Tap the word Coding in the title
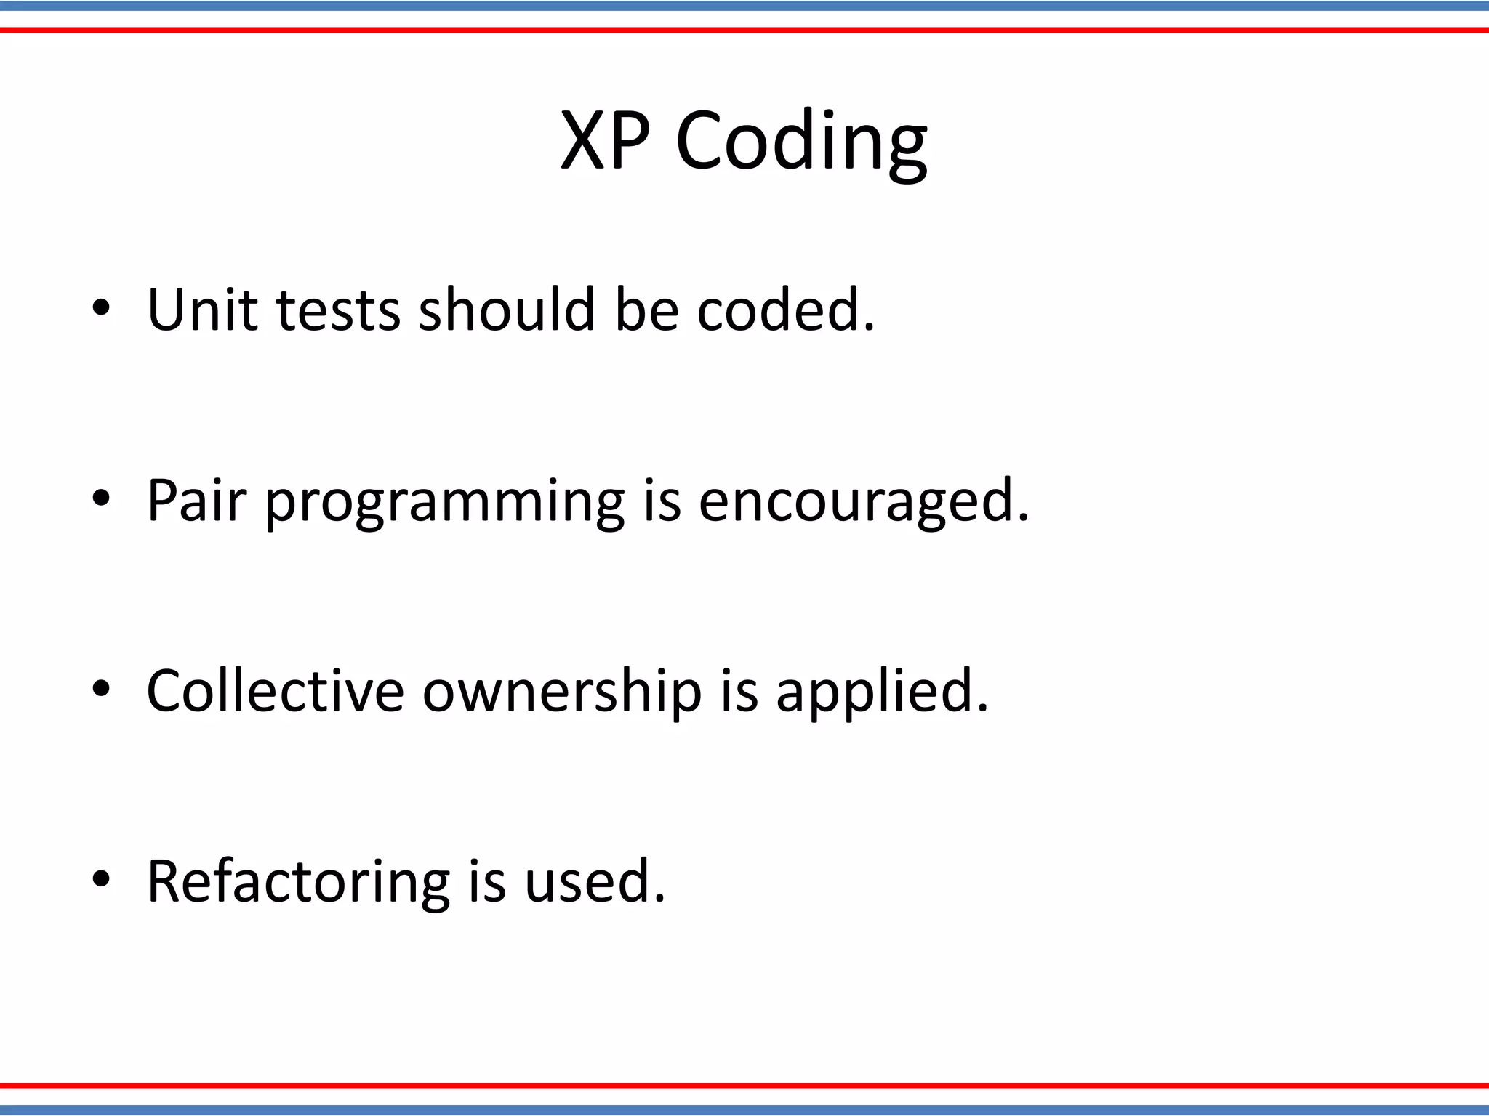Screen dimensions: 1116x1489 (x=801, y=143)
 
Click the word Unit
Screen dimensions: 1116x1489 (x=202, y=310)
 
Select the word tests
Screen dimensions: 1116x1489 (x=338, y=311)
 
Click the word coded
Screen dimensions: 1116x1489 (x=785, y=310)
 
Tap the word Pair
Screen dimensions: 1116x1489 (x=196, y=501)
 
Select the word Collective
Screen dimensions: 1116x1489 (x=275, y=691)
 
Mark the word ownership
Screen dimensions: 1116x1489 (x=562, y=694)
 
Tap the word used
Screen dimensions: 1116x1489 (x=594, y=881)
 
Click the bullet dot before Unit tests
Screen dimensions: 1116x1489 (x=101, y=308)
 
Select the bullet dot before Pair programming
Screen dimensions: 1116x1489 (x=101, y=498)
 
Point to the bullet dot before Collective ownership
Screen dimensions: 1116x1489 (x=101, y=689)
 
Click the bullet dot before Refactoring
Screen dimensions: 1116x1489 (x=101, y=879)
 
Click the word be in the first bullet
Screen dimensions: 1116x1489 (x=646, y=310)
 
